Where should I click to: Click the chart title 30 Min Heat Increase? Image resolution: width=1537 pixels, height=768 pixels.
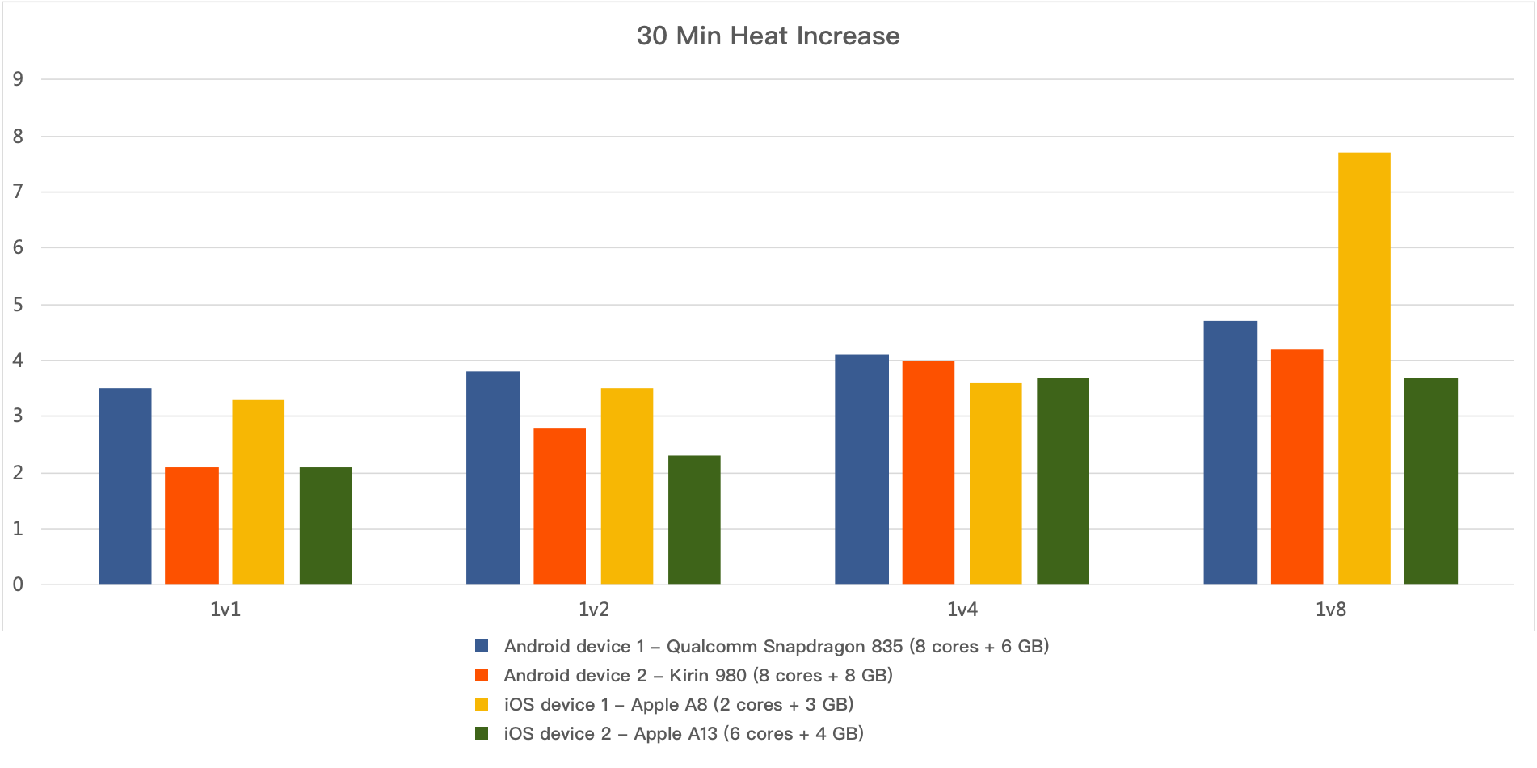768,36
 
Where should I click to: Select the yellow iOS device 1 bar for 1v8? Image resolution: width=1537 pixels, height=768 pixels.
1364,368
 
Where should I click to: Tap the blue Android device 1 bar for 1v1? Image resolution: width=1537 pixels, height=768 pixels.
125,486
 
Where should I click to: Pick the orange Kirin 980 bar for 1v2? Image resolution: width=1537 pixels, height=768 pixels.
559,506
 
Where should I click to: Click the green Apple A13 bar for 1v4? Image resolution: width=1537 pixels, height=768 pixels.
1063,481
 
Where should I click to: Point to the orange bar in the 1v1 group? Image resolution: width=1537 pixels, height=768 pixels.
192,525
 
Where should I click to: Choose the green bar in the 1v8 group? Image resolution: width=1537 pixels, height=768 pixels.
1430,481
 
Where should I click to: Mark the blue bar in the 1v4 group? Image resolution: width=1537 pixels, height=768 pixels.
861,469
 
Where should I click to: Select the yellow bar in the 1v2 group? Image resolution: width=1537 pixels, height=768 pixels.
626,486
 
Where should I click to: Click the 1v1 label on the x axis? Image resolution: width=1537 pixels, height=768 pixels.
225,610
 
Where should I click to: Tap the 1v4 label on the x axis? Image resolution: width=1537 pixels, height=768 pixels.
962,610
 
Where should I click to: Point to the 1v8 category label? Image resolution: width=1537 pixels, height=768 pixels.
1330,610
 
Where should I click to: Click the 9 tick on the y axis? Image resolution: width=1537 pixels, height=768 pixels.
18,79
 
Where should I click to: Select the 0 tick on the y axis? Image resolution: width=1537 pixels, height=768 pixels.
18,584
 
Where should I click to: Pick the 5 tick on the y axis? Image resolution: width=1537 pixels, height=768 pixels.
18,305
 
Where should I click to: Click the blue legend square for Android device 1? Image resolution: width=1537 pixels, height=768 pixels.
482,646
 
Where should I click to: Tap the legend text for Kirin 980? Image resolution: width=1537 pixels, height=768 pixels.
697,675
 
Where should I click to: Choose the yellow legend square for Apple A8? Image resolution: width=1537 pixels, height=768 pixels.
482,704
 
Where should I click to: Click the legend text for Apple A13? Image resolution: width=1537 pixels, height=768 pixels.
683,733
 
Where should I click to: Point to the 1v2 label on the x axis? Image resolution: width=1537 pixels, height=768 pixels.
594,610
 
